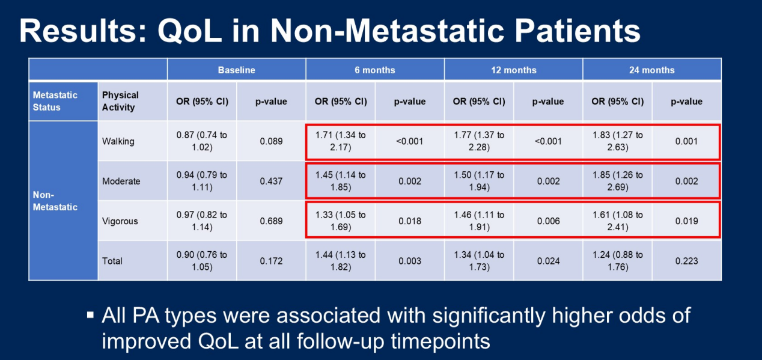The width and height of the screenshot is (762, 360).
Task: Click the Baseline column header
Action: pyautogui.click(x=236, y=70)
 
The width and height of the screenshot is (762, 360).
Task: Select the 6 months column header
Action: pyautogui.click(x=375, y=70)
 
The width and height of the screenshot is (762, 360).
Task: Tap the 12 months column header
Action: pyautogui.click(x=513, y=70)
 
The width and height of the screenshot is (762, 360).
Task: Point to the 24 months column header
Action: pyautogui.click(x=651, y=70)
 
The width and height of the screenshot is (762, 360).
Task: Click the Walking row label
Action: pyautogui.click(x=118, y=141)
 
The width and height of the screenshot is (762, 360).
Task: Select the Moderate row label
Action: pyautogui.click(x=121, y=181)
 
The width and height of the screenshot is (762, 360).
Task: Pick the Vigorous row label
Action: pyautogui.click(x=120, y=221)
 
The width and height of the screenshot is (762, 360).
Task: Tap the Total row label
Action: pyautogui.click(x=112, y=261)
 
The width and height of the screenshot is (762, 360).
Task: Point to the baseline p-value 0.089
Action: pyautogui.click(x=272, y=141)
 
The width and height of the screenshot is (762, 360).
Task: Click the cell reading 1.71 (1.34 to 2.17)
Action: pyautogui.click(x=340, y=141)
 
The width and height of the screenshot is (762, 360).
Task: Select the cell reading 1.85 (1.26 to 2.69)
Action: pyautogui.click(x=617, y=181)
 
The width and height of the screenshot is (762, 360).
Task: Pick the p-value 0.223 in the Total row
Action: pyautogui.click(x=686, y=261)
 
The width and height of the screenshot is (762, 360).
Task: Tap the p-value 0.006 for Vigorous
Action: pyautogui.click(x=547, y=221)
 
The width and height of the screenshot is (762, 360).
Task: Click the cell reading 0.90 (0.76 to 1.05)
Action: pyautogui.click(x=202, y=261)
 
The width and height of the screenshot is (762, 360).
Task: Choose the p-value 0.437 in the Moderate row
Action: pyautogui.click(x=272, y=181)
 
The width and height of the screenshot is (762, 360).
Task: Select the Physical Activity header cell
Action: pyautogui.click(x=121, y=101)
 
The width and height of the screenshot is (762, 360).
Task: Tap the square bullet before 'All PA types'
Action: pyautogui.click(x=90, y=315)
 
